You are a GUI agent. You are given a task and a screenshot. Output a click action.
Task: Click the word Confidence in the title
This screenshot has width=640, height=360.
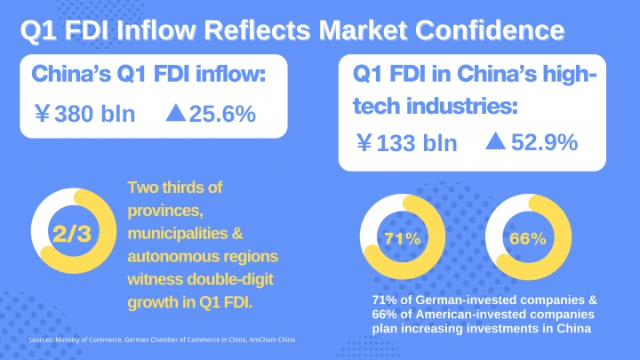(x=493, y=29)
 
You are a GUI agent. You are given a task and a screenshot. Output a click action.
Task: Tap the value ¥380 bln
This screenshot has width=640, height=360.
(x=84, y=114)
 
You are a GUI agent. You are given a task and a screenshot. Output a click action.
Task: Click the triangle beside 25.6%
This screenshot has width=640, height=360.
(x=175, y=113)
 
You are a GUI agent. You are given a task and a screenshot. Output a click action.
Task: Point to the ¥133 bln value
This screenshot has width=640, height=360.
(x=406, y=142)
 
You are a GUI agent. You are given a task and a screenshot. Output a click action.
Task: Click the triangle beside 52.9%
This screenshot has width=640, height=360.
(x=496, y=141)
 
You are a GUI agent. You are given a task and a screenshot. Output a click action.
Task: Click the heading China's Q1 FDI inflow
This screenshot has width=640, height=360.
(x=149, y=74)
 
